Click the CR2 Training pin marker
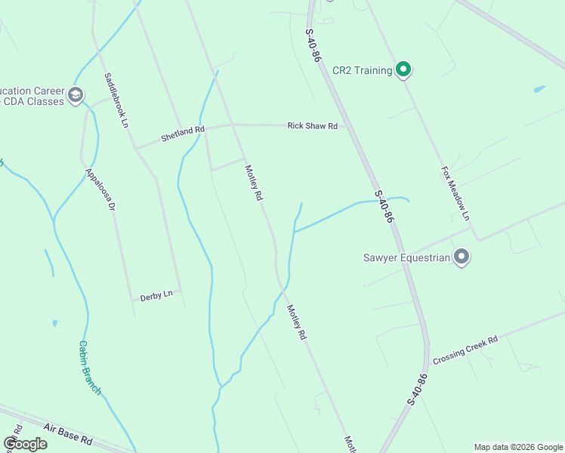click(x=403, y=70)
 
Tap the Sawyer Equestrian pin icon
click(x=462, y=257)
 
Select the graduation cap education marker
click(x=75, y=95)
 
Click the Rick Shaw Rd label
click(x=312, y=126)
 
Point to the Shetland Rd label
click(x=183, y=134)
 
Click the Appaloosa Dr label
click(x=100, y=189)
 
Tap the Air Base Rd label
click(x=67, y=433)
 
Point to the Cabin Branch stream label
click(x=89, y=368)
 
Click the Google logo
click(x=25, y=444)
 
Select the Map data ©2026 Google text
click(x=517, y=447)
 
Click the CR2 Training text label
click(x=363, y=71)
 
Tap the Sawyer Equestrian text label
click(x=408, y=257)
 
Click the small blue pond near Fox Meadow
click(x=539, y=89)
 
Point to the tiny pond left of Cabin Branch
click(x=55, y=323)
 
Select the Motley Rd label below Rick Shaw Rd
click(x=253, y=182)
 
